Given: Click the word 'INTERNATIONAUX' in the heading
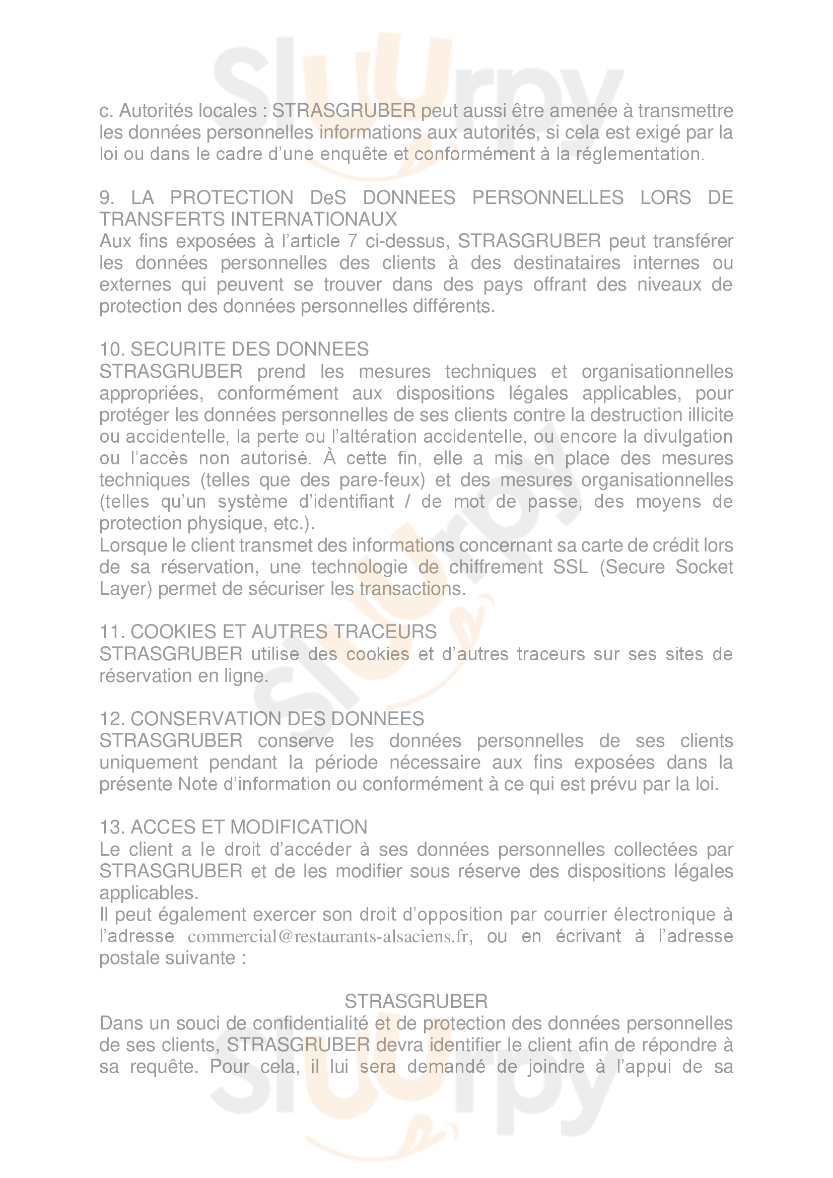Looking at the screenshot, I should click(x=314, y=220).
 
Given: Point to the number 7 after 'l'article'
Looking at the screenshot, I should click(x=353, y=241).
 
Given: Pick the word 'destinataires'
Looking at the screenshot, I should click(x=566, y=263).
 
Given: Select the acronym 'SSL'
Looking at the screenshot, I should click(x=571, y=567).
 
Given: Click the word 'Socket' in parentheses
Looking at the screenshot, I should click(x=704, y=567).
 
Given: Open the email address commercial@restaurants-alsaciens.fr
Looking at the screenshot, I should click(x=328, y=936).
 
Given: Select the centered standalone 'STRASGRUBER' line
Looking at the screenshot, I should click(x=416, y=1001).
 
